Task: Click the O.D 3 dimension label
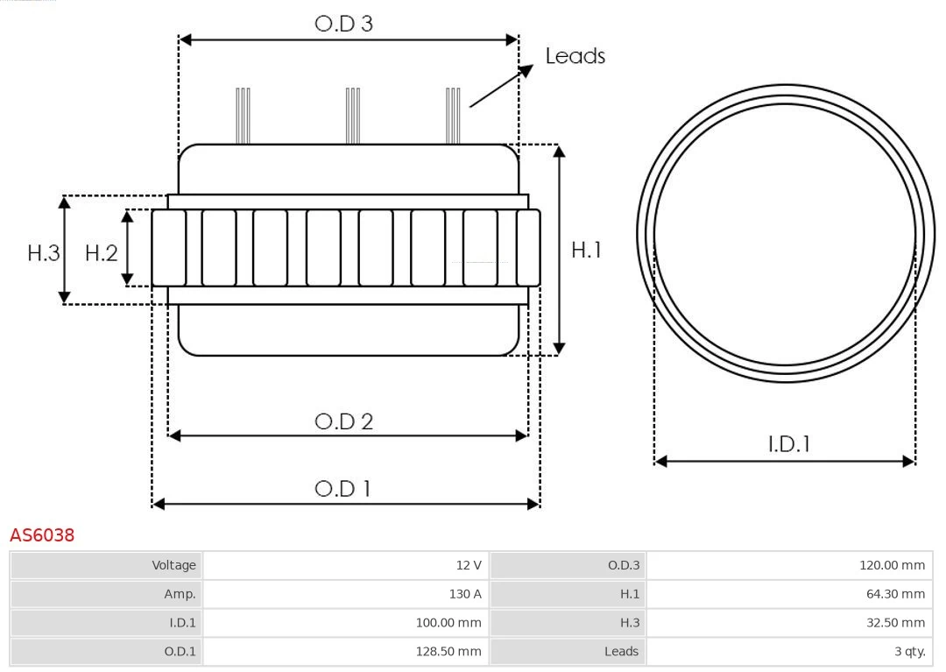343,24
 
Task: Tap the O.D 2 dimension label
343,421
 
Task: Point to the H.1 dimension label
586,250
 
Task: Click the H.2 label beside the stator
101,253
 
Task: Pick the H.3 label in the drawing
43,253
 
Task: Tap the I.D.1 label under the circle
788,444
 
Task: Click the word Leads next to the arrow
575,56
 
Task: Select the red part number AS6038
42,534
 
